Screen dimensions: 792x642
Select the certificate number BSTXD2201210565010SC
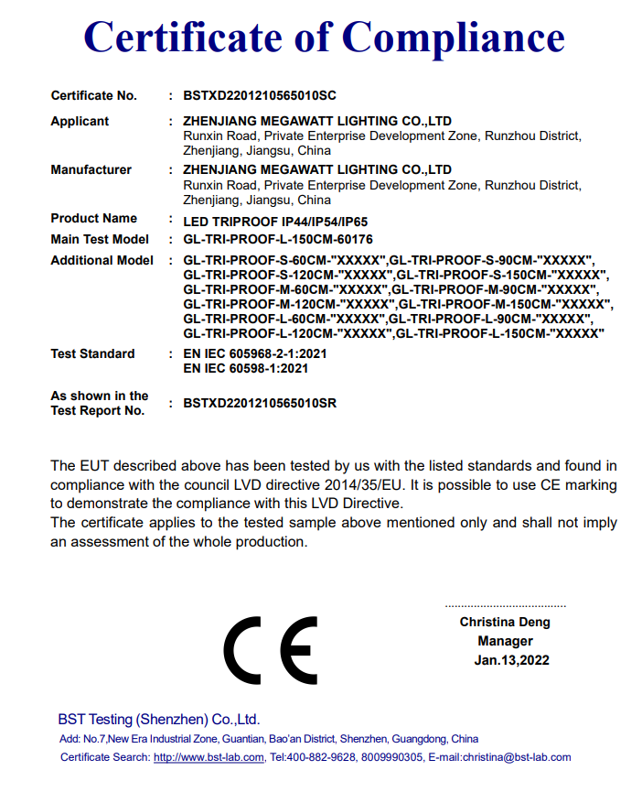[x=261, y=95]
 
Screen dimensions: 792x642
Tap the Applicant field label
[x=80, y=121]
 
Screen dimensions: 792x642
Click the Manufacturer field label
[x=91, y=169]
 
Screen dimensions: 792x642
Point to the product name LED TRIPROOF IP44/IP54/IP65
[x=275, y=220]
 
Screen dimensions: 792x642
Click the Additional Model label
[x=102, y=260]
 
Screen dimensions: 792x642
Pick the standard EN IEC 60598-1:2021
[x=246, y=368]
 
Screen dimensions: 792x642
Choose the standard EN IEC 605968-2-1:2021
[x=255, y=353]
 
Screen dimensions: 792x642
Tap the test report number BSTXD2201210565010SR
[x=260, y=402]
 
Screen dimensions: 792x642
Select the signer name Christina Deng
[x=505, y=623]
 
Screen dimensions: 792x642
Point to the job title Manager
[x=505, y=641]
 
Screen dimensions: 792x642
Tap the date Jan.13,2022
[x=511, y=660]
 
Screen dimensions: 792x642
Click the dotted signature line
[x=505, y=606]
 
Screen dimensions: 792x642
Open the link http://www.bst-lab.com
[x=209, y=757]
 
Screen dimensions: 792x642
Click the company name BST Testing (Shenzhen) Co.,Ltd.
[x=159, y=719]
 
